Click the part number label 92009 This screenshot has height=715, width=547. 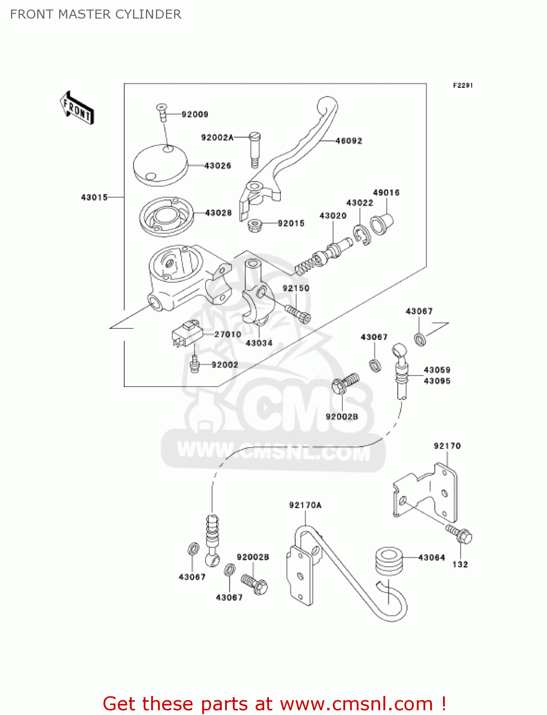click(195, 114)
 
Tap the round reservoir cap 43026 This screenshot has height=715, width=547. click(160, 164)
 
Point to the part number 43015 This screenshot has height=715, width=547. click(94, 197)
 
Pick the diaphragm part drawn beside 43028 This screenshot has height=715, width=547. click(166, 217)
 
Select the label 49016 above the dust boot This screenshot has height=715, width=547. click(386, 193)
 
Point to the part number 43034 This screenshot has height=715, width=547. click(259, 343)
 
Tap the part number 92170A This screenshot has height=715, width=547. click(305, 505)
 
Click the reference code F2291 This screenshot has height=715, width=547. click(463, 85)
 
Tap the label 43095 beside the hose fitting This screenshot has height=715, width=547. click(437, 381)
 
